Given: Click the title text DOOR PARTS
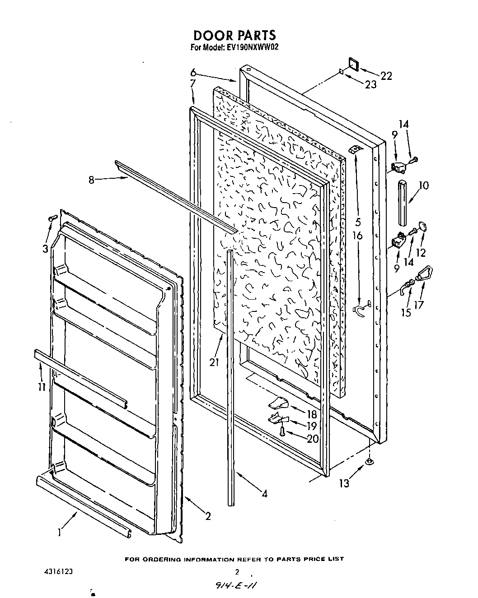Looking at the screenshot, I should coord(234,35).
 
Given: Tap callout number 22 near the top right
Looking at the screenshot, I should coord(386,76).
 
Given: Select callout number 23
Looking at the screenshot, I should coord(370,84).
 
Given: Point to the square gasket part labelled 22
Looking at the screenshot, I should coord(353,65).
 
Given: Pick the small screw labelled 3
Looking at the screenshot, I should coord(52,218).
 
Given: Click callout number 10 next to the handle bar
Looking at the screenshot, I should coord(423,185).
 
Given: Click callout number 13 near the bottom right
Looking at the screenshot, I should coord(344,483).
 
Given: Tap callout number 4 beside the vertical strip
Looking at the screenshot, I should coord(264,494).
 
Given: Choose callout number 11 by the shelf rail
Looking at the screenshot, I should coord(42,387).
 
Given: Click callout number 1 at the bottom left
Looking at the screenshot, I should coord(59,533).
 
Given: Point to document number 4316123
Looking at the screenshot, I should coord(56,571).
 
